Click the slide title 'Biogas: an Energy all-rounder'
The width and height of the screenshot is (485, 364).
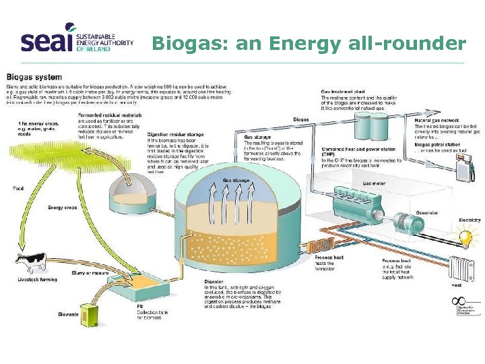[x=309, y=44]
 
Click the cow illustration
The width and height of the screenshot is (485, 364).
[x=30, y=264]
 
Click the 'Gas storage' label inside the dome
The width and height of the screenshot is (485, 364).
[x=236, y=181]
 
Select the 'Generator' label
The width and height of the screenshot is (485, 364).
[x=426, y=212]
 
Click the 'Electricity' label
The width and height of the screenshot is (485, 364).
[x=470, y=220]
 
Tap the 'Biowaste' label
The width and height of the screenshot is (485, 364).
[x=69, y=313]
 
